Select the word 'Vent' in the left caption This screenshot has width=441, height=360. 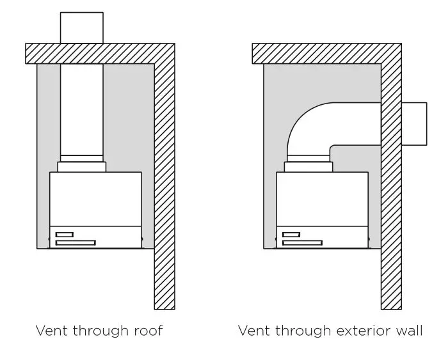[x=51, y=331]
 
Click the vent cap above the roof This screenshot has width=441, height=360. [x=81, y=27]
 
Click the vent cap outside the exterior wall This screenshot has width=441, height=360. [x=414, y=123]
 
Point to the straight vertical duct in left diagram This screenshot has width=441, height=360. [x=81, y=109]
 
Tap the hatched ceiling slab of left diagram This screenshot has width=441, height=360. [x=96, y=53]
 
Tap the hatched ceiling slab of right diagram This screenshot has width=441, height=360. [x=320, y=53]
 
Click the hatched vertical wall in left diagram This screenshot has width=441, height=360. [x=164, y=192]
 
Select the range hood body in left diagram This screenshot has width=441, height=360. [x=95, y=198]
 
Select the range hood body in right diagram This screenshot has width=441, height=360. [x=322, y=198]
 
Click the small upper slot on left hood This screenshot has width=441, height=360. [x=65, y=234]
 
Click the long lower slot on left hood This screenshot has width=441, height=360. [x=76, y=242]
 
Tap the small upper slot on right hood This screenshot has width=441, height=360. [x=291, y=234]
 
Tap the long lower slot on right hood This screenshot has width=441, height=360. [x=301, y=242]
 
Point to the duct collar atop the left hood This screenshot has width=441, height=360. [x=81, y=167]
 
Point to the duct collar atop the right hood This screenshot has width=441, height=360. [x=308, y=167]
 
